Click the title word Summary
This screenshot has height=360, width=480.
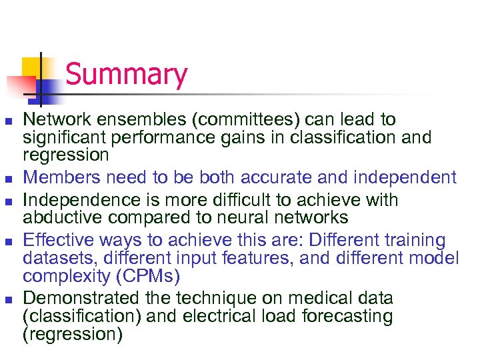[127, 75]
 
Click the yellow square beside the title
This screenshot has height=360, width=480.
[32, 67]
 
